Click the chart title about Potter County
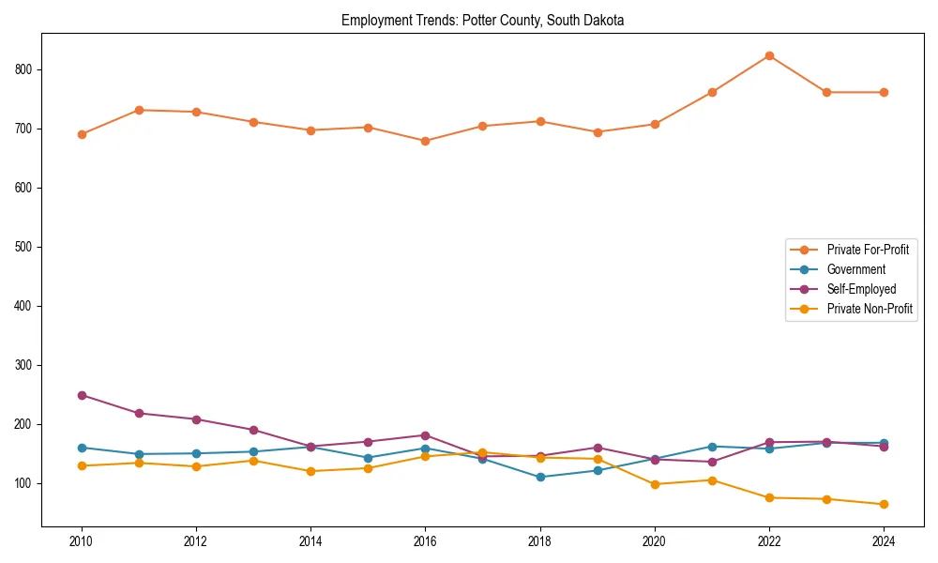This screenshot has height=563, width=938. point(482,20)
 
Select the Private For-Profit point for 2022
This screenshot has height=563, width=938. point(769,55)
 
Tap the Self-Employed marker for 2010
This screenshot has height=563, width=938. point(82,395)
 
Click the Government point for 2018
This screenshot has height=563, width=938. point(540,477)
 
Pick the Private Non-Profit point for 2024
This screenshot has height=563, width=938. point(884,504)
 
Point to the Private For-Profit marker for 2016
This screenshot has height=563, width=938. point(425,141)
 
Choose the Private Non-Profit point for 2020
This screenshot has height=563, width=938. point(655,484)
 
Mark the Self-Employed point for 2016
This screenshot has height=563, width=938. point(425,435)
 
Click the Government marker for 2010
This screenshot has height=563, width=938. point(82,448)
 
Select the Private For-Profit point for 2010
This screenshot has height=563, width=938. point(82,134)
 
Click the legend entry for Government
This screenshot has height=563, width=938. point(855,269)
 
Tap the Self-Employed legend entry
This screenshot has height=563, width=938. point(861,289)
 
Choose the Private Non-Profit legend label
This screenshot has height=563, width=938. point(870,309)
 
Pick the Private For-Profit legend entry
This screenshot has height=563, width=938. point(868,250)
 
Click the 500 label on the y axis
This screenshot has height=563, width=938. point(25,247)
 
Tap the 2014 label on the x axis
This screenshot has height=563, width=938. point(310,541)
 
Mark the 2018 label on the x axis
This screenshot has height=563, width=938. point(540,541)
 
